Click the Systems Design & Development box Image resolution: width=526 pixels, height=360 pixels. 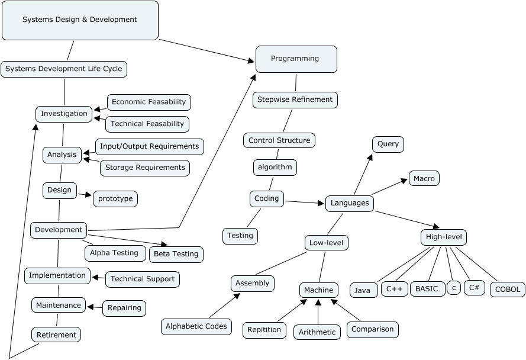80,20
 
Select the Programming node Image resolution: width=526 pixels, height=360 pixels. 296,59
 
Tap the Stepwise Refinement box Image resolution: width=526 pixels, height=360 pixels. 295,100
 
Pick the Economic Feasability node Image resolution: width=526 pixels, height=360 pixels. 149,102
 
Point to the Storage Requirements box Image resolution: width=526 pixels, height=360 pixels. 145,168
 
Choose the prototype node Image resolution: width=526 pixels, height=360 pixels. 115,198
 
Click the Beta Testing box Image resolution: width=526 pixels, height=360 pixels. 176,254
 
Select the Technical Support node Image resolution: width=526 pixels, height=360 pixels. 142,279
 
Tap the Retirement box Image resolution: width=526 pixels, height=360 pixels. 56,335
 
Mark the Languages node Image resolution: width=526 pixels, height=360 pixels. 350,203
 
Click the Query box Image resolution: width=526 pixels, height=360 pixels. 388,144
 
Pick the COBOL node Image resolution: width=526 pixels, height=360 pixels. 508,290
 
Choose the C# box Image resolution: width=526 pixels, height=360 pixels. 474,288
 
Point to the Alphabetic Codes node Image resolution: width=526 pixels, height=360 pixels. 196,326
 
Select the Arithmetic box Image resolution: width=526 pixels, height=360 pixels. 317,332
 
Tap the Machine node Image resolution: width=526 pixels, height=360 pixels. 319,290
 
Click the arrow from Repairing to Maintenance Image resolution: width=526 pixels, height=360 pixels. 95,307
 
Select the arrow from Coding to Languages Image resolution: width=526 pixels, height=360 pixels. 305,202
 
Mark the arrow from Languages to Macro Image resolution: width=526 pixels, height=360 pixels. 391,186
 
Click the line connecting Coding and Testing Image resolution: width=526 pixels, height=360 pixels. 253,217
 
